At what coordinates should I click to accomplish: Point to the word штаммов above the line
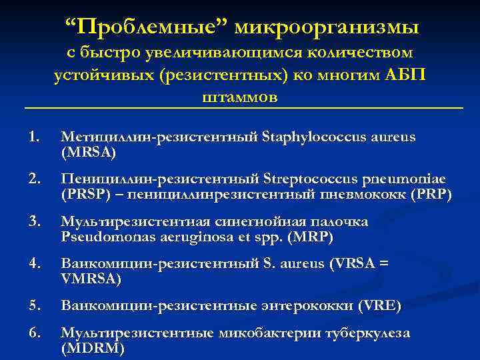click(239, 97)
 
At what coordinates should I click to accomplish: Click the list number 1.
click(35, 137)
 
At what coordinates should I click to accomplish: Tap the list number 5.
click(35, 306)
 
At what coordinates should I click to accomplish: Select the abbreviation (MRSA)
click(88, 153)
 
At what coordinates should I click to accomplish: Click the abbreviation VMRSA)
click(91, 279)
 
